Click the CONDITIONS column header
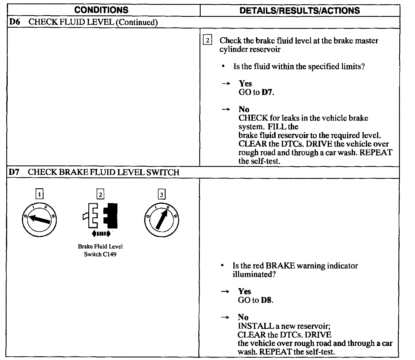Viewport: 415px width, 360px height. (x=101, y=10)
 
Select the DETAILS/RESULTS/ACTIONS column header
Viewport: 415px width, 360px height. (x=300, y=11)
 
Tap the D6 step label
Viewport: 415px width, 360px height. (x=14, y=22)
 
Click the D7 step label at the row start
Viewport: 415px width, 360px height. (x=14, y=172)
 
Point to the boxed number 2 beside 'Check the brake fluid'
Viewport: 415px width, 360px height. (x=207, y=41)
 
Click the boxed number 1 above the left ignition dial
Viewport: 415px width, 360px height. (x=39, y=195)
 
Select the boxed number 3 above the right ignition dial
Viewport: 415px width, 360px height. (x=162, y=195)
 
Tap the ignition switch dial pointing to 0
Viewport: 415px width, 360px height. (x=39, y=220)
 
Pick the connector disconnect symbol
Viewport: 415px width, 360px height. (x=100, y=215)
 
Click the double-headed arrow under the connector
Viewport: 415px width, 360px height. (x=101, y=234)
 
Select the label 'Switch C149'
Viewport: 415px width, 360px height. (x=100, y=254)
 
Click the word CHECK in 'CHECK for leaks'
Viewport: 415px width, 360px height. (x=253, y=118)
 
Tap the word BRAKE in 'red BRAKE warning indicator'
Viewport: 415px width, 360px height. (x=280, y=266)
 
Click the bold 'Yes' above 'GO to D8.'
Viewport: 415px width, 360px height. (x=245, y=292)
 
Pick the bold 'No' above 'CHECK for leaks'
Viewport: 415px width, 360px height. (x=244, y=109)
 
